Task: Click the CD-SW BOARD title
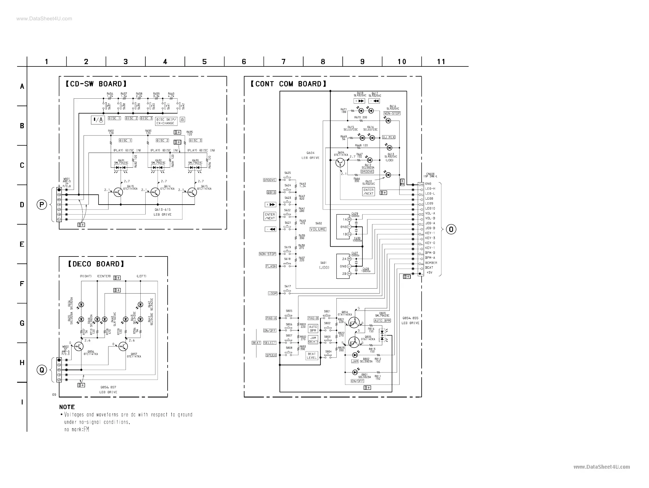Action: coord(96,84)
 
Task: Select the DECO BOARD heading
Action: coord(96,264)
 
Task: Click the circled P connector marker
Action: coord(42,205)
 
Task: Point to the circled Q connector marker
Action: coord(42,370)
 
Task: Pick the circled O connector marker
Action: coord(451,229)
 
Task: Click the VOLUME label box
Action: coord(318,229)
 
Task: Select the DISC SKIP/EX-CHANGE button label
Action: coord(166,121)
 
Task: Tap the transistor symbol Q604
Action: coord(340,162)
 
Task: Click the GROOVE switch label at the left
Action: coord(269,180)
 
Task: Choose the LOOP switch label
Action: coord(272,293)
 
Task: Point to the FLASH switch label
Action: coord(271,266)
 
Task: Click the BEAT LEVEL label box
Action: coord(311,356)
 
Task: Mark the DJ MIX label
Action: coord(389,137)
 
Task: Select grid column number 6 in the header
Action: coord(244,62)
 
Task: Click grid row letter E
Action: coord(22,244)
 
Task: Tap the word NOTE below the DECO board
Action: coord(67,407)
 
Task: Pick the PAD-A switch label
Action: coord(271,318)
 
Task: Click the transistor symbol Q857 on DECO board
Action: coord(123,346)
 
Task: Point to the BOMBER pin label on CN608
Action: coord(431,263)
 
